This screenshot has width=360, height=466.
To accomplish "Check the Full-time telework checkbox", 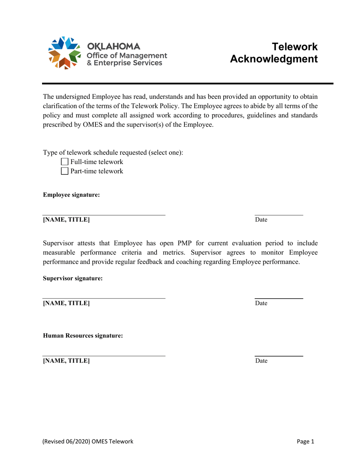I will (64, 162).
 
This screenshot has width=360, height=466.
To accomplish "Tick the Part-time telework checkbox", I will (64, 171).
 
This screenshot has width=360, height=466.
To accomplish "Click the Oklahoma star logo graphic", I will (64, 53).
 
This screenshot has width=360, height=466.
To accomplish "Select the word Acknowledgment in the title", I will (274, 59).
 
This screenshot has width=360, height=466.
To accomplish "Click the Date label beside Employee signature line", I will (261, 220).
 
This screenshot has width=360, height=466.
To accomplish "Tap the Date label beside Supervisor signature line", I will (261, 303).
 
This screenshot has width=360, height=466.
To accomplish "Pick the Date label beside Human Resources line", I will (261, 361).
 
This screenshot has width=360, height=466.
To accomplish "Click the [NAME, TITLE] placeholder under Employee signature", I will (66, 220).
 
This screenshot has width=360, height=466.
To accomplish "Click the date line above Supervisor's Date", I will (279, 299).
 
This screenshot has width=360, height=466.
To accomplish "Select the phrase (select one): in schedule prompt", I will (166, 153).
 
